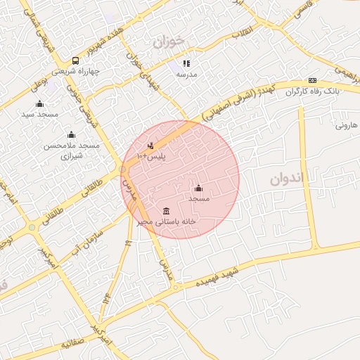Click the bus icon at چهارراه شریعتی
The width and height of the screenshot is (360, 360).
[75, 61]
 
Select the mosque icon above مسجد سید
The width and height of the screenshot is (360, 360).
[39, 104]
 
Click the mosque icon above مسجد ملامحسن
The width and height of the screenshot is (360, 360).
[70, 135]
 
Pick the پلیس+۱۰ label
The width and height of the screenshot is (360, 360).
[152, 156]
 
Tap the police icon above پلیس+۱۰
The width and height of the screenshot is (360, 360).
[150, 146]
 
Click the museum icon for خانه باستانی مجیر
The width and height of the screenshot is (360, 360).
[166, 212]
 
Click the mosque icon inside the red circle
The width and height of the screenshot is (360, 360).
[198, 188]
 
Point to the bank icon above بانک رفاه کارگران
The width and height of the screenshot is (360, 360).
[312, 81]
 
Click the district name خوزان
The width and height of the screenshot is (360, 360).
[168, 41]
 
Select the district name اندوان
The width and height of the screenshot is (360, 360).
[288, 179]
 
